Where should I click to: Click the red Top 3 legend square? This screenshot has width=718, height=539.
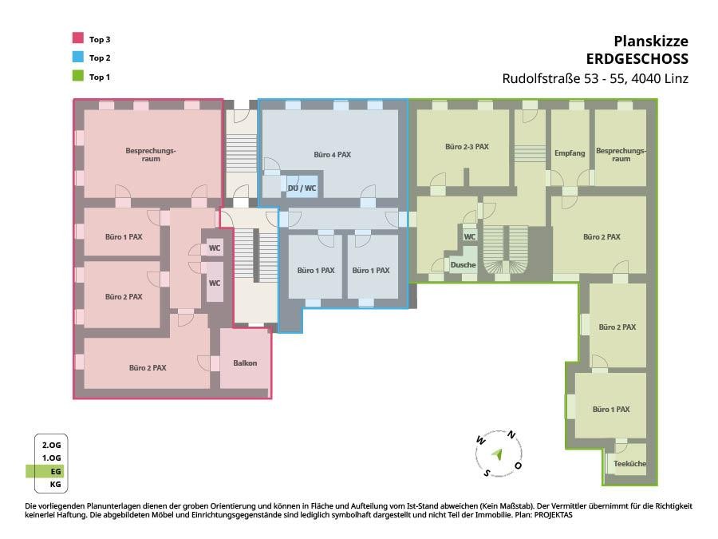point(78,38)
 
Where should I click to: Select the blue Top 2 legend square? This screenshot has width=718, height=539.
point(78,57)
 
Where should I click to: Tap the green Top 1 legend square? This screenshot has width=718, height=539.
point(78,76)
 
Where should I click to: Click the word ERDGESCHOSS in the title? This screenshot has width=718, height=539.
point(637,59)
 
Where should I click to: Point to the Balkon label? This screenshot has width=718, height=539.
point(245,363)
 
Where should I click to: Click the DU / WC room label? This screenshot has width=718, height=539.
point(302,188)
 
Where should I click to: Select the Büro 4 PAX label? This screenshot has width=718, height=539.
point(333,155)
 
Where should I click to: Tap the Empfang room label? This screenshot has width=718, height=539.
point(570,153)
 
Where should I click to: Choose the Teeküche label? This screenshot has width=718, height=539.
point(629,463)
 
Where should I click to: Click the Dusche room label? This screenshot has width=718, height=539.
point(463,265)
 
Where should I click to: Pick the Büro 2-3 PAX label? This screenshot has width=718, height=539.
point(467,147)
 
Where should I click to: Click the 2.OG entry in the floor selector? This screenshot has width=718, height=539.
point(51,445)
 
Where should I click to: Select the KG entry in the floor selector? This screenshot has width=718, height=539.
point(55,484)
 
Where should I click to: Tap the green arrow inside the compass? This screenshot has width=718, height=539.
point(497,454)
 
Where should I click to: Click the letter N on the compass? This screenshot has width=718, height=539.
point(511,435)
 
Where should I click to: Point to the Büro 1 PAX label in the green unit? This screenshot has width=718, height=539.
point(611,410)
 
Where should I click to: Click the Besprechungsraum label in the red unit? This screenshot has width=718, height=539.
point(151,154)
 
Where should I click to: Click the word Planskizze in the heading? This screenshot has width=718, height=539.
point(651,42)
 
